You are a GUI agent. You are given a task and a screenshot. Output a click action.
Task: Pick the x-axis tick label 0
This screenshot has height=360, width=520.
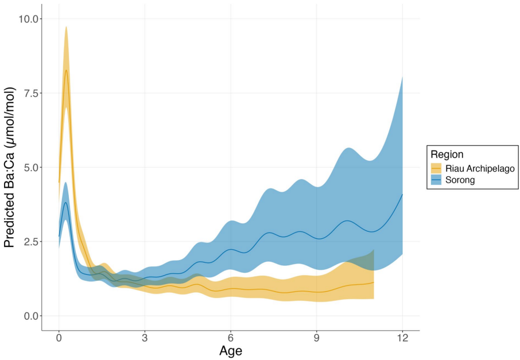[x=59, y=338]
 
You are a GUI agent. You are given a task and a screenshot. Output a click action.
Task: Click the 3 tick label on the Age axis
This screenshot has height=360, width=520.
[x=145, y=338]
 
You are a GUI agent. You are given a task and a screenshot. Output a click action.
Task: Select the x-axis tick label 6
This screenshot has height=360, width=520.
[x=231, y=338]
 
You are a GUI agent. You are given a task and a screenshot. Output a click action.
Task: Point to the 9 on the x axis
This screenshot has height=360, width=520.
[x=317, y=338]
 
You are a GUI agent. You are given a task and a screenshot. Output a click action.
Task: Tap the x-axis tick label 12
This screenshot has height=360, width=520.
[x=402, y=338]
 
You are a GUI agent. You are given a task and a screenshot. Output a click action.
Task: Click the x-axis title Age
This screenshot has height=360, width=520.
[x=231, y=351]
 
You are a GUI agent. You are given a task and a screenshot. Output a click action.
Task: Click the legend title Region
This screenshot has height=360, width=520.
[x=447, y=154]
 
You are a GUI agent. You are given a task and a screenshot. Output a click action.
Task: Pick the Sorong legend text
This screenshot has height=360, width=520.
[x=460, y=180]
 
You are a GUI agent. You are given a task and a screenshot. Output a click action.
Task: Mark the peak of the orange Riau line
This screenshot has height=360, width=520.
[x=67, y=70]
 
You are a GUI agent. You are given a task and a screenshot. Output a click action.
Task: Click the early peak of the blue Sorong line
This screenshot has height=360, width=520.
[x=66, y=203]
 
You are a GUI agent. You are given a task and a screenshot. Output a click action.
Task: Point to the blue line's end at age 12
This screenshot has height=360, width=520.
[x=402, y=195]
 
